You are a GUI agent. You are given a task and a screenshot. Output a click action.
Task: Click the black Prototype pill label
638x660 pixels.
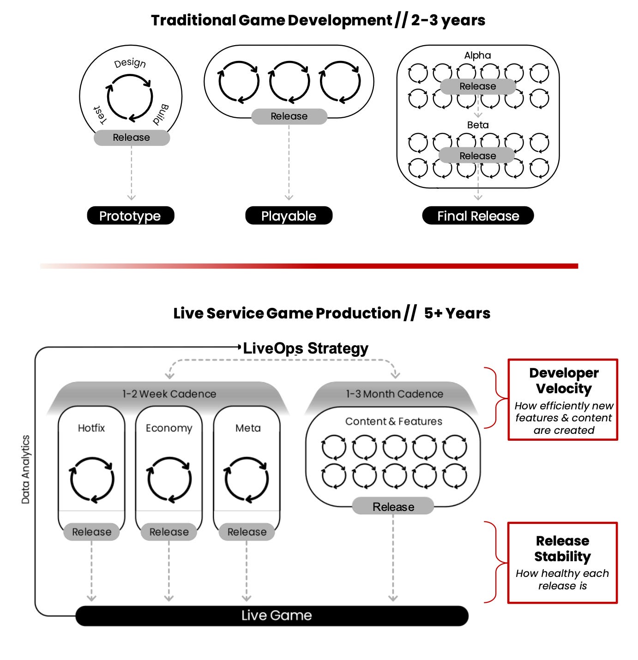point(130,216)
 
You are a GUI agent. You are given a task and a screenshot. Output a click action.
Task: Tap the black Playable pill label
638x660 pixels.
point(289,216)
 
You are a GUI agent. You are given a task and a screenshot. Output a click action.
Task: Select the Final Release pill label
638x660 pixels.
point(478,216)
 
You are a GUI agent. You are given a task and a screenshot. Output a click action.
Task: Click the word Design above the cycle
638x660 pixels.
point(130,63)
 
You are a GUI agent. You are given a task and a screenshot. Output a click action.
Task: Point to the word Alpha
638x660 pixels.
point(477,55)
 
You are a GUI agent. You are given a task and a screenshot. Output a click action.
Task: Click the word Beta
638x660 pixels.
point(477,125)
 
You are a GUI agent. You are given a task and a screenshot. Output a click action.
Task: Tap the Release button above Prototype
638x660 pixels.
point(132,138)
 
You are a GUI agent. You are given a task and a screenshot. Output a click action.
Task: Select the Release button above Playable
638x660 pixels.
point(289,116)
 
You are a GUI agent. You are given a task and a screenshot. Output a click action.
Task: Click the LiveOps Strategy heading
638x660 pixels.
point(306,348)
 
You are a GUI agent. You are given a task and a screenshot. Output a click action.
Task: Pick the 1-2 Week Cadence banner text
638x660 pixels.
point(169,394)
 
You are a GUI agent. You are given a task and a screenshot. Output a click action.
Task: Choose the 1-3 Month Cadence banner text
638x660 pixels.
point(394,394)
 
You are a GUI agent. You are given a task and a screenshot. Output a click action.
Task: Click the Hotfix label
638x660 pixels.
point(91,428)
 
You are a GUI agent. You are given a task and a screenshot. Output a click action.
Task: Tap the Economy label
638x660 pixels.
point(169,428)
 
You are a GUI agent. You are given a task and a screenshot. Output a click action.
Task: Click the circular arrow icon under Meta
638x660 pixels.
point(247,480)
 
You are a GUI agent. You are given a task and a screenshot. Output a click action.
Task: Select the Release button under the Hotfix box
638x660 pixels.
point(91,532)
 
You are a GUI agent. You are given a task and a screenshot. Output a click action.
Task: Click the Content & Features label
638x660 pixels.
point(393,421)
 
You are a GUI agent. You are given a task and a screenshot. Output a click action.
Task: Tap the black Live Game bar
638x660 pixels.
point(272,615)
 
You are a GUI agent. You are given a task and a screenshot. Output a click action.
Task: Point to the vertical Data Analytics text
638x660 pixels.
point(25,469)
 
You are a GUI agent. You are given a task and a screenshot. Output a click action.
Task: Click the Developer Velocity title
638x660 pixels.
point(564,380)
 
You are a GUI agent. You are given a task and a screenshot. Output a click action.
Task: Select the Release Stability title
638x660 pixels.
point(562,548)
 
